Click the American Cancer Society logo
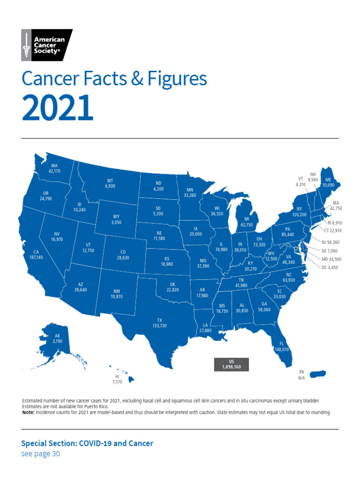point(47,45)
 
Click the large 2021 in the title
point(57,108)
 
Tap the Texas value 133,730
point(159,325)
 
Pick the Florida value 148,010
point(282,349)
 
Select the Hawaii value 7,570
point(117,382)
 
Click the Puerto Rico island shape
point(317,374)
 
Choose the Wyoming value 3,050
point(117,222)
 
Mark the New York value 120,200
point(299,214)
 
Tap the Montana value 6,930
point(111,186)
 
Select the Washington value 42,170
point(54,171)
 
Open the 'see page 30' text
point(41,454)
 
